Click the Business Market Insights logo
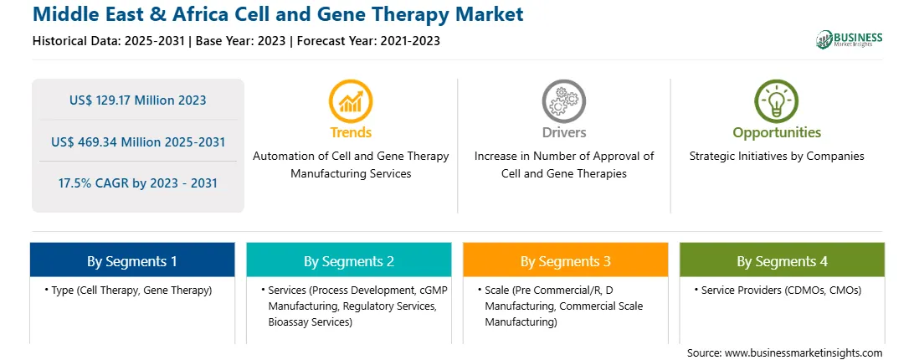850,39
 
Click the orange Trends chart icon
351,101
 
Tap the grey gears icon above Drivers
563,101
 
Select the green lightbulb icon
777,101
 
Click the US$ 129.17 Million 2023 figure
137,100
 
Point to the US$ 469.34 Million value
121,141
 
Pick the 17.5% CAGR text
99,183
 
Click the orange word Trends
351,132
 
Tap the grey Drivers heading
564,132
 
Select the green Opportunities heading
777,133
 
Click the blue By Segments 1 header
132,260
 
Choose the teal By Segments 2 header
348,260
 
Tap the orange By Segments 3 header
566,260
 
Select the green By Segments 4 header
783,260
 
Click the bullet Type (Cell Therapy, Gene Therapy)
128,290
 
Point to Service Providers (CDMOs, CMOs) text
778,290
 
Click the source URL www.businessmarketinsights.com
804,353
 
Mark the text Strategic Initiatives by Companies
777,156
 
